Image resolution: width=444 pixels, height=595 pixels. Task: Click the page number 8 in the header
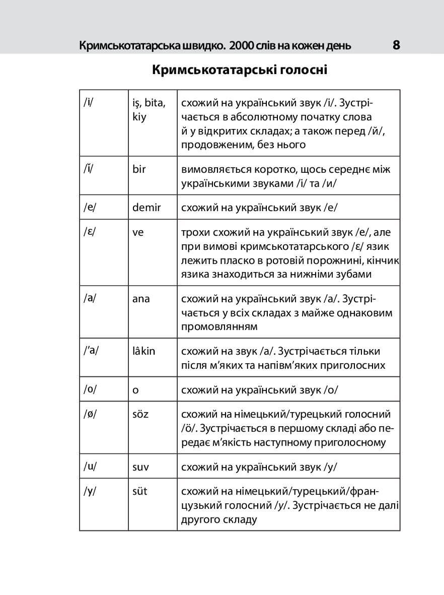tap(396, 45)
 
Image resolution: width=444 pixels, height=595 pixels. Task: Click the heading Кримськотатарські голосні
tap(240, 70)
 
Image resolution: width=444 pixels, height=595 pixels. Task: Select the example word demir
tap(146, 207)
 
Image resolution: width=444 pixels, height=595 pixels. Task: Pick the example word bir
tap(139, 169)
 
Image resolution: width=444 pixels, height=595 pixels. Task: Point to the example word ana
tap(141, 299)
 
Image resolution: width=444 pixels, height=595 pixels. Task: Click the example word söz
tap(140, 415)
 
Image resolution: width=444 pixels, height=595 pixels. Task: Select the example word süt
tap(139, 491)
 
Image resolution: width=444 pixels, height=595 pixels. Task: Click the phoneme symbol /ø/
tap(90, 415)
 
